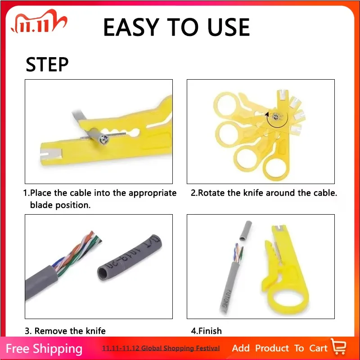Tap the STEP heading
point(47,65)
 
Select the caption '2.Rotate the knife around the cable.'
point(264,193)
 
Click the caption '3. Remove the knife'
point(65,331)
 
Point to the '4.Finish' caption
point(206,331)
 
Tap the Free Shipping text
point(44,349)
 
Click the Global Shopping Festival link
point(161,348)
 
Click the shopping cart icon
point(338,347)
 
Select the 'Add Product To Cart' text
point(279,348)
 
